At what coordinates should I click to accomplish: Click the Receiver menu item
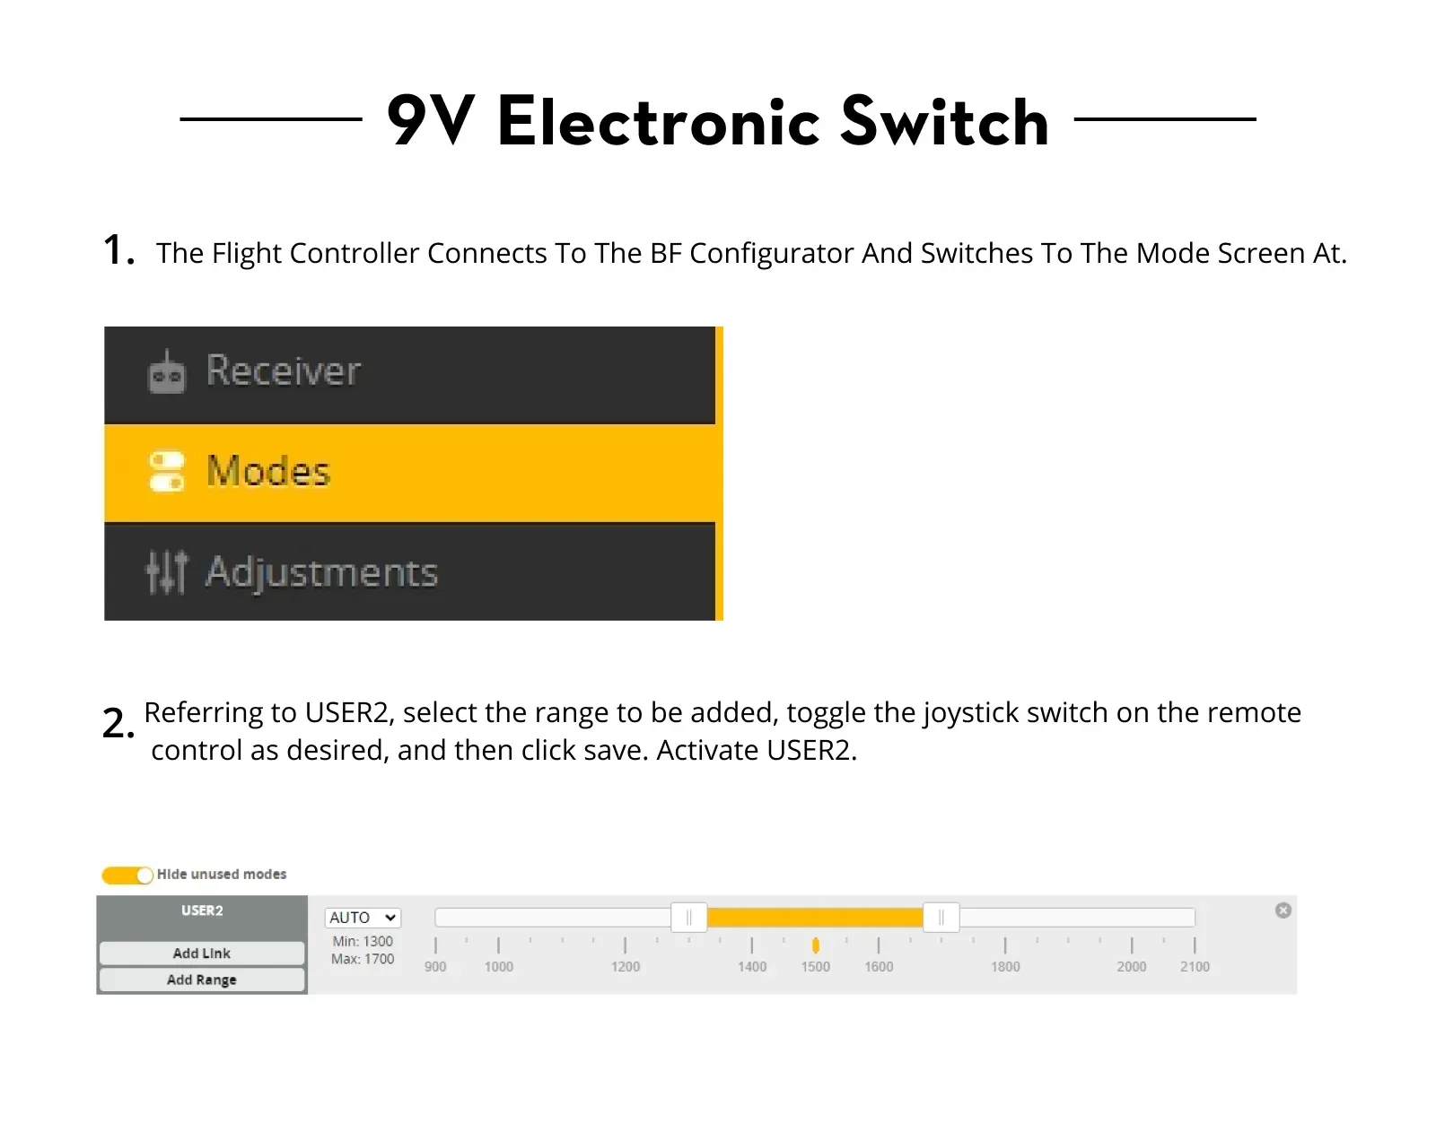pos(283,370)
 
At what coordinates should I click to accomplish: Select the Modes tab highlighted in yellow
pos(268,471)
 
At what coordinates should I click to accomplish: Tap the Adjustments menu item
pos(321,571)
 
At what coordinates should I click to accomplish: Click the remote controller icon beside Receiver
pos(166,371)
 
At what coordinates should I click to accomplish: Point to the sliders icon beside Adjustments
pos(166,571)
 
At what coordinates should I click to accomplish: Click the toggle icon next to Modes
pos(166,472)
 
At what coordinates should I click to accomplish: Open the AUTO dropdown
pos(363,918)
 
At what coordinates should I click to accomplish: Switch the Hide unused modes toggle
pos(127,875)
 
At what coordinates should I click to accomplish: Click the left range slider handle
pos(688,917)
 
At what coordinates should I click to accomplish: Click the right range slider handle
pos(941,917)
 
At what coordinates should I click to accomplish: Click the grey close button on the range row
pos(1283,910)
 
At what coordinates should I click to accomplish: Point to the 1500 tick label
pos(815,967)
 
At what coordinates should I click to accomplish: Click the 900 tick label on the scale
pos(435,967)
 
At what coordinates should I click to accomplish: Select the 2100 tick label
pos(1195,967)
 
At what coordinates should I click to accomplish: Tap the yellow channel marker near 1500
pos(815,945)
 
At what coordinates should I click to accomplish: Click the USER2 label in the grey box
pos(202,910)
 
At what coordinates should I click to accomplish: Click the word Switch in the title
pos(944,122)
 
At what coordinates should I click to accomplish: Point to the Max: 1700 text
pos(363,959)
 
